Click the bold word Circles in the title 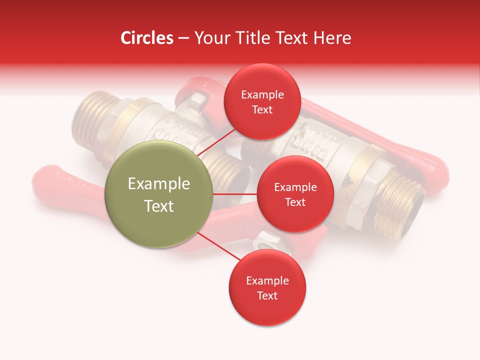point(146,38)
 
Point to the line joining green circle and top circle point(216,141)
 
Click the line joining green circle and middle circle point(235,194)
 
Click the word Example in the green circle point(158,184)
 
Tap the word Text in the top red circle point(262,110)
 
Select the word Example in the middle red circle point(295,187)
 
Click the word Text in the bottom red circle point(267,295)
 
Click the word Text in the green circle point(158,206)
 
